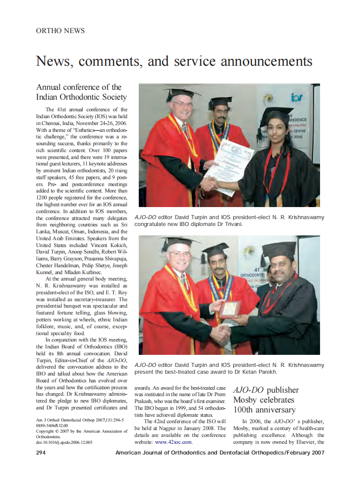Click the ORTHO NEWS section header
tap(60, 31)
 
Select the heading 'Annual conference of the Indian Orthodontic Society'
tap(82, 92)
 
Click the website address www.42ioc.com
tap(174, 442)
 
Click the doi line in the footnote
tap(64, 442)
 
